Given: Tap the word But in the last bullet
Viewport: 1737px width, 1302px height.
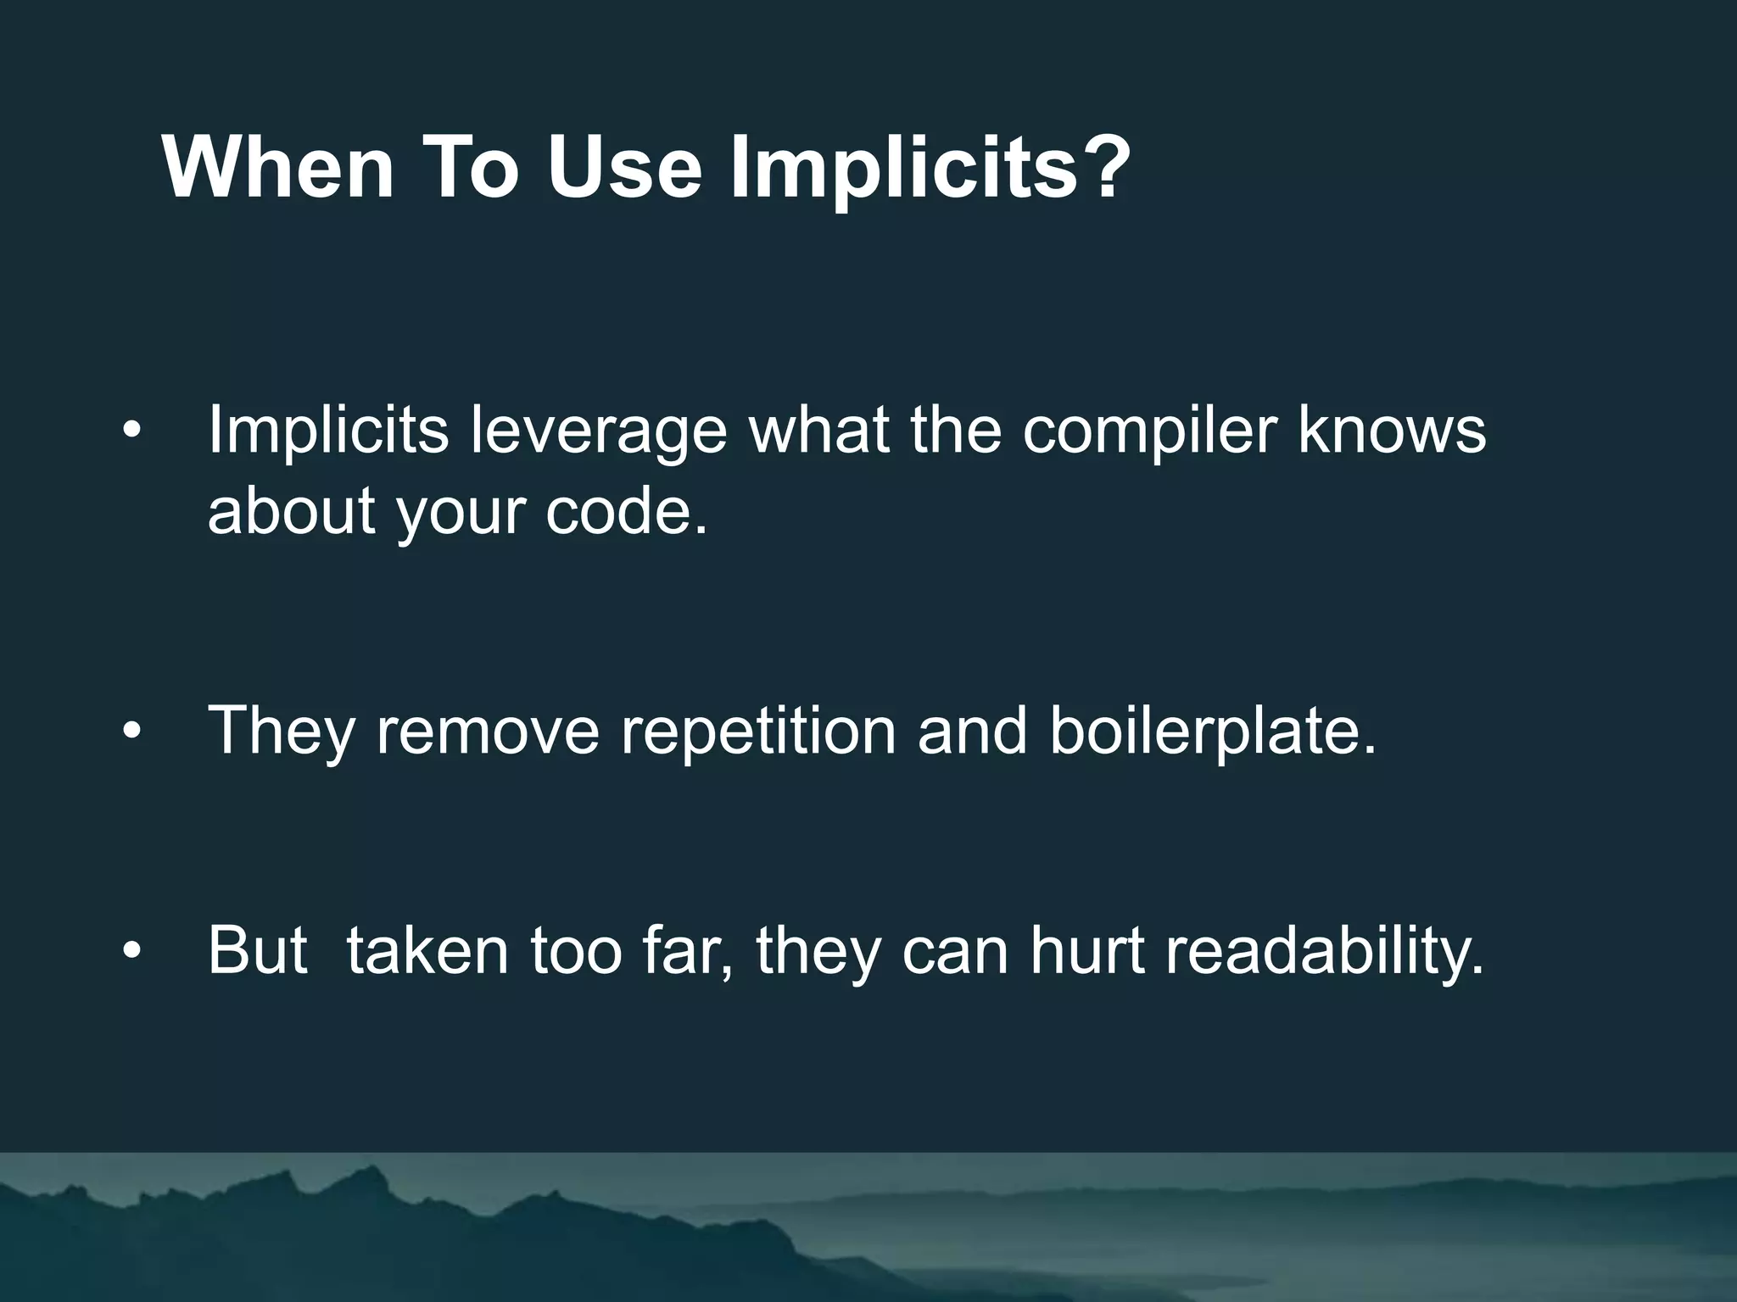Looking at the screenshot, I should [257, 950].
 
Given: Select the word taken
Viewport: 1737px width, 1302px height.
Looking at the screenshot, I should [428, 950].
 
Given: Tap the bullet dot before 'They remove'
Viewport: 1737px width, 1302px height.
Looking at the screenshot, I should [131, 731].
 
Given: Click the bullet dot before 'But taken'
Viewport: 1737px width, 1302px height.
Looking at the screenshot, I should [131, 951].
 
